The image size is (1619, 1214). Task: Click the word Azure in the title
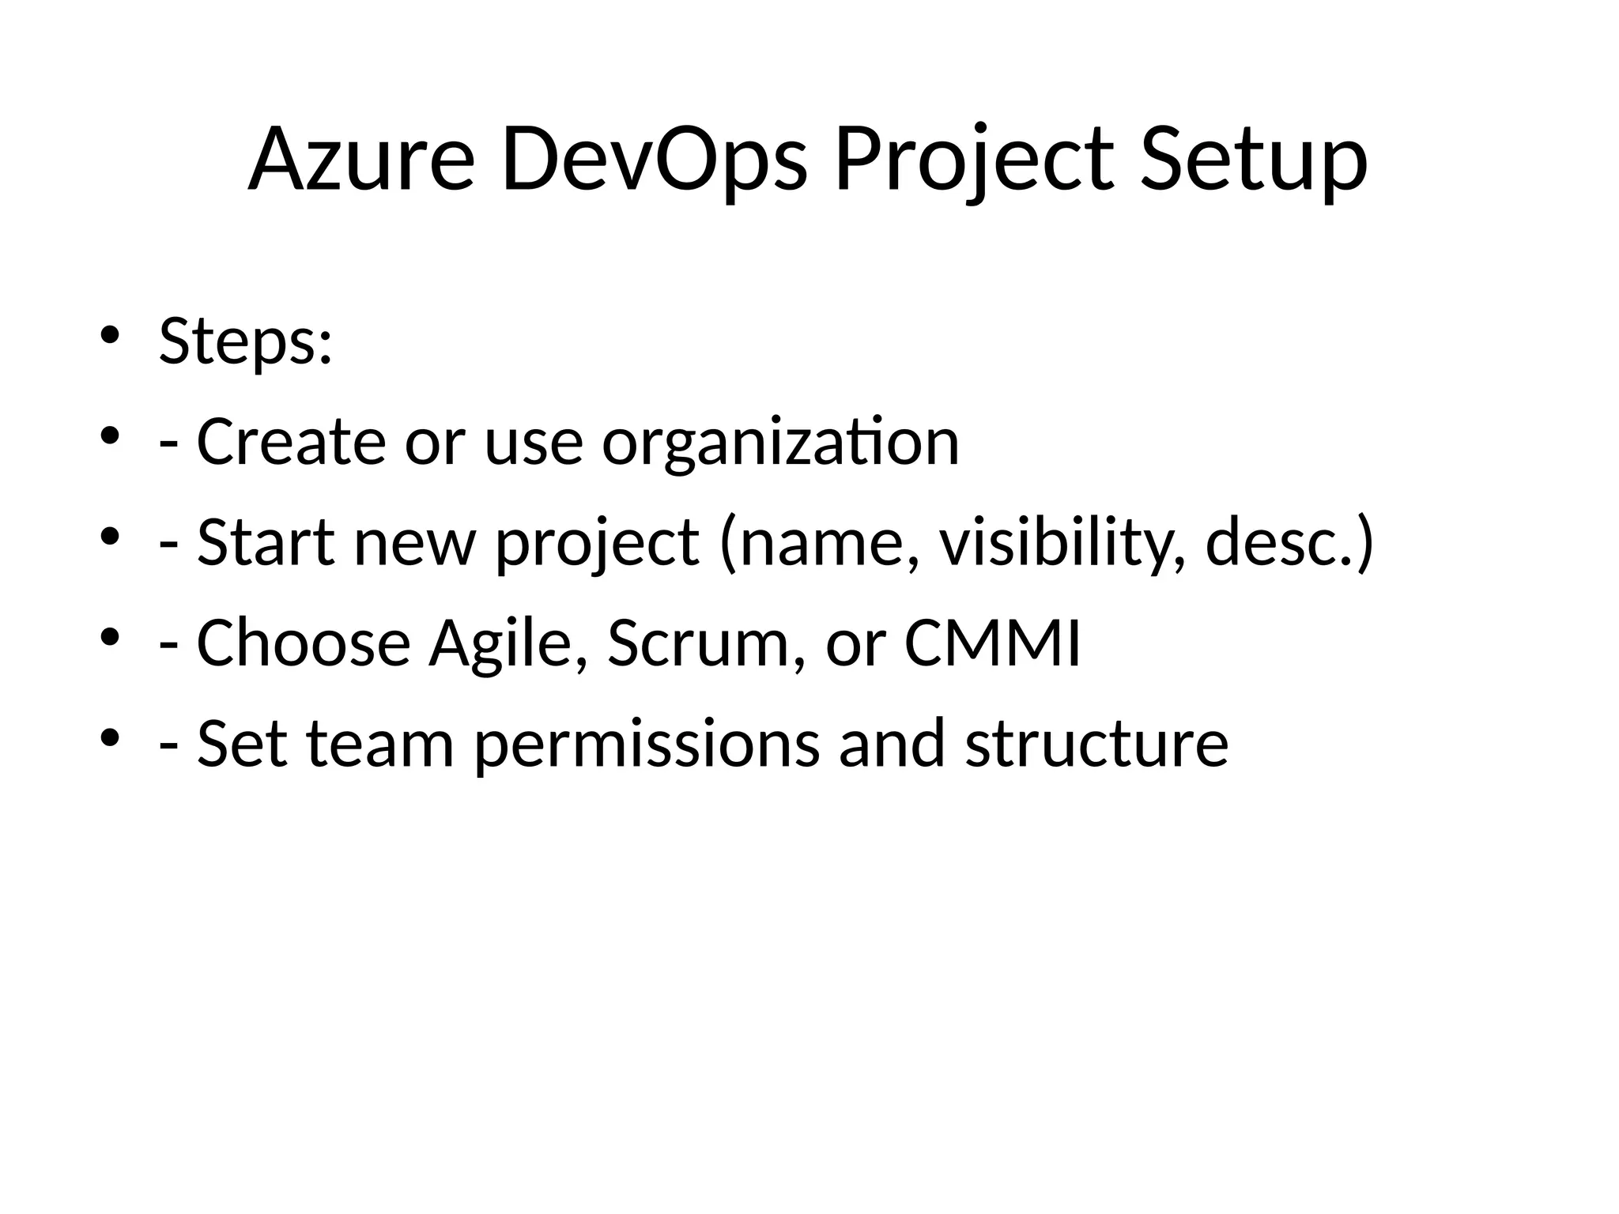[361, 160]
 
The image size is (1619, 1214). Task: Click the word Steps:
[245, 341]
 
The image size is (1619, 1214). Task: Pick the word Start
[266, 542]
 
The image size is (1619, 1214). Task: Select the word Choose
[304, 643]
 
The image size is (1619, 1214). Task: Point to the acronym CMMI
[992, 643]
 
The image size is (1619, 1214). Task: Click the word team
[380, 744]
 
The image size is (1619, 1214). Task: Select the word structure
[1096, 744]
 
